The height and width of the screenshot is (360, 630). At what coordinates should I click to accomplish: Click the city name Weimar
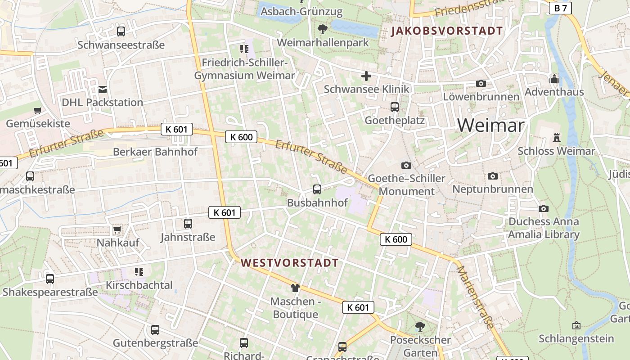coord(491,125)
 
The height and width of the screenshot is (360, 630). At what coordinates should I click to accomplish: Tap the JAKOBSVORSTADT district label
coord(447,31)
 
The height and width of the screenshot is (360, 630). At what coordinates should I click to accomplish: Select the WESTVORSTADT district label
coord(290,263)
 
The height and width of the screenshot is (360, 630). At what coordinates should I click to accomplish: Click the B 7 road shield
coord(561,8)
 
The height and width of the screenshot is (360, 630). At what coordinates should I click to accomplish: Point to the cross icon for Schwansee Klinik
coord(366,76)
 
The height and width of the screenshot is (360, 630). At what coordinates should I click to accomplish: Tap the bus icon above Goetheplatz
coord(395,107)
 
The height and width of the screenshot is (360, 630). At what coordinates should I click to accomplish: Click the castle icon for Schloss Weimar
coord(557,138)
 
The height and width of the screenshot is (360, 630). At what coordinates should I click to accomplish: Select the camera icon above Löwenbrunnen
coord(481,83)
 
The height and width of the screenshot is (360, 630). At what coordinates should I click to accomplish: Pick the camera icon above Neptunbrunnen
coord(493,176)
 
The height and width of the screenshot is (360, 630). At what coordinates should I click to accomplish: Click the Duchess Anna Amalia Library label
coord(544,228)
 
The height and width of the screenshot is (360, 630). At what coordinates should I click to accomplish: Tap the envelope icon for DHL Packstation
coord(103,90)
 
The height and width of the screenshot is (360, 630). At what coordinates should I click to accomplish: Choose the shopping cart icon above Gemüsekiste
coord(38,110)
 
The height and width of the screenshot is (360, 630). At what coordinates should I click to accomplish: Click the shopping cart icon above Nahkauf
coord(117,230)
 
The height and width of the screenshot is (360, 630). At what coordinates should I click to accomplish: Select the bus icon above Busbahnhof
coord(317,189)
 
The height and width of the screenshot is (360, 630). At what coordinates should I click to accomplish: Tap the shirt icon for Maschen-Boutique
coord(295,288)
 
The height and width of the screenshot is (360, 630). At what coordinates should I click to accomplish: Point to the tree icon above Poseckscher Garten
coord(420,326)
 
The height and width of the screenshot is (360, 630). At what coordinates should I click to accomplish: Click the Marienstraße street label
coord(475,297)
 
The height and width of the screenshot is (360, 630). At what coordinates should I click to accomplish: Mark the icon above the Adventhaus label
coord(554,79)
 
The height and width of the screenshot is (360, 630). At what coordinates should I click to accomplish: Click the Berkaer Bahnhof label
coord(155,152)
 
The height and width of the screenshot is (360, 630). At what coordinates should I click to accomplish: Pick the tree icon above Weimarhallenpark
coord(322,30)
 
